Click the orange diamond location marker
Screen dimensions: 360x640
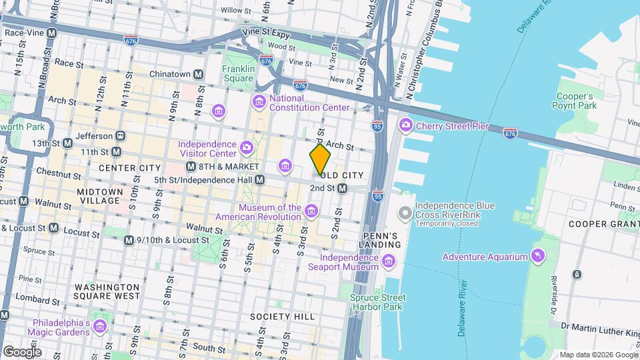320,159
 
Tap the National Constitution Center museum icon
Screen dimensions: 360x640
258,101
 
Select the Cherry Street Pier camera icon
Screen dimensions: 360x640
405,125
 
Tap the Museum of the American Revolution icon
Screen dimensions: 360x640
311,212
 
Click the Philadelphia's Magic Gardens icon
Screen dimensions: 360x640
99,327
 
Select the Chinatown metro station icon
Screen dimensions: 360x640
198,75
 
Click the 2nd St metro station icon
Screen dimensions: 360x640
342,189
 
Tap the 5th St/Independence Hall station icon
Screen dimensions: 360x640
260,180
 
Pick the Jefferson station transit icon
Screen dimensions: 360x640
120,135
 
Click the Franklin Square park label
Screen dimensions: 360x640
239,73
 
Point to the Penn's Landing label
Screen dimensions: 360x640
381,240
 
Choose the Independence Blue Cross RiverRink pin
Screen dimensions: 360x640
405,213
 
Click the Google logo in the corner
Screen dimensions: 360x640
22,351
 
